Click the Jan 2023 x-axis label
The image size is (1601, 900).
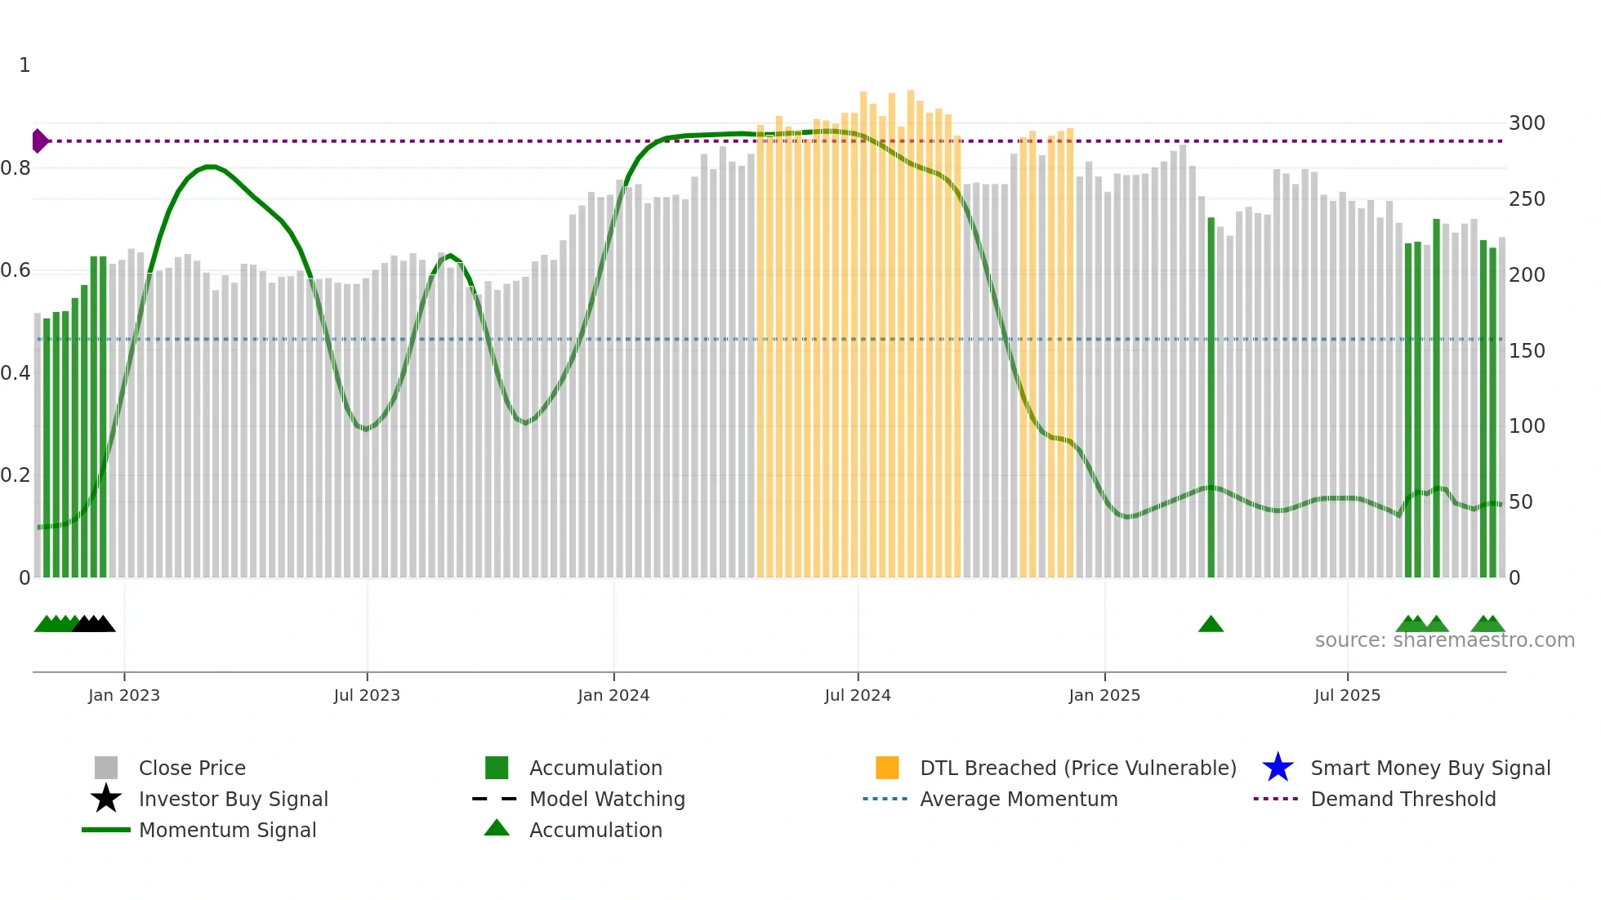click(x=124, y=695)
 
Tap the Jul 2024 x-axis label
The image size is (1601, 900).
click(x=858, y=695)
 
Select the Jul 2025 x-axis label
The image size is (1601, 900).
click(x=1347, y=695)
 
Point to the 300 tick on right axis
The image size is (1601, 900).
click(x=1527, y=123)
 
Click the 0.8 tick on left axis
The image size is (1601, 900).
click(x=16, y=168)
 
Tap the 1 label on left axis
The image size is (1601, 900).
click(x=25, y=65)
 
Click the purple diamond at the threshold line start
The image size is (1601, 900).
click(x=39, y=141)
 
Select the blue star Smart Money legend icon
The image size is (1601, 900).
click(x=1278, y=768)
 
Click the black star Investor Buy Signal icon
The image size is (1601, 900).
click(x=106, y=799)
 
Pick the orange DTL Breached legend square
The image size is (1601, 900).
click(x=887, y=768)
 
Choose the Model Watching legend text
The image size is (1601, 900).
click(x=607, y=799)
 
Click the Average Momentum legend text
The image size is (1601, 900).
click(x=1019, y=799)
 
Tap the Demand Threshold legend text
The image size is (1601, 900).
click(x=1403, y=799)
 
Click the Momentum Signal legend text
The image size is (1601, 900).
click(x=227, y=830)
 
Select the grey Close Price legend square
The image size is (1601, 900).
click(x=106, y=768)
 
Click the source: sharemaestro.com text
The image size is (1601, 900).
click(x=1444, y=640)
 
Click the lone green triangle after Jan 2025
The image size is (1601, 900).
click(x=1211, y=625)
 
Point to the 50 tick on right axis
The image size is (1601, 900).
click(x=1520, y=502)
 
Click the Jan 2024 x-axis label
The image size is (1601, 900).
click(x=613, y=695)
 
